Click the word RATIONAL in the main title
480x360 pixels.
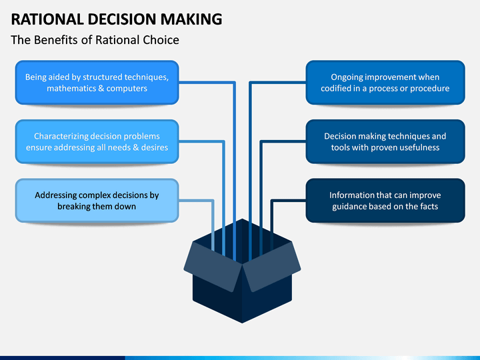(47, 19)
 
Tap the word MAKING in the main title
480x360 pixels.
(191, 19)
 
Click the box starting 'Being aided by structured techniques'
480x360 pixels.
(97, 83)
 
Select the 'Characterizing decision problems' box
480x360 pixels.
(97, 141)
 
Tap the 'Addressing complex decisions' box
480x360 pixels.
(97, 201)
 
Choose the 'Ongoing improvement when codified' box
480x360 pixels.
(385, 83)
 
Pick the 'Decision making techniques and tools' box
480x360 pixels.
(385, 141)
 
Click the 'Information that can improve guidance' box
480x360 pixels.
(385, 201)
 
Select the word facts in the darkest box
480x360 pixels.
(427, 207)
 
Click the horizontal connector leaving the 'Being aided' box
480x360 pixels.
(207, 83)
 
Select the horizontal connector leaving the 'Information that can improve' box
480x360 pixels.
(289, 201)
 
